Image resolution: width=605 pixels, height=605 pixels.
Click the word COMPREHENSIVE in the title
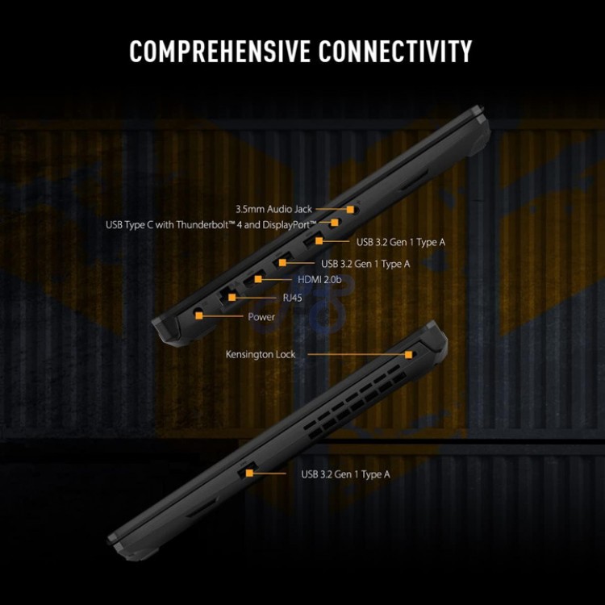click(220, 51)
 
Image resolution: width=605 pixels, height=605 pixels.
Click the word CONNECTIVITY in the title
click(395, 51)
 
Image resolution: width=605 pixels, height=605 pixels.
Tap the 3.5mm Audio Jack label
click(273, 209)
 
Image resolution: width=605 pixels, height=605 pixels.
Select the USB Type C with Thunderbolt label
click(211, 224)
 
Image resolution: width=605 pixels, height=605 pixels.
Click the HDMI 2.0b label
click(319, 279)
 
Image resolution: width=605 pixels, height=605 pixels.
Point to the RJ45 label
click(293, 298)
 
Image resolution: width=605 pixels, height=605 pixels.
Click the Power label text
click(261, 317)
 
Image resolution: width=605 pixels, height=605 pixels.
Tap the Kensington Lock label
click(261, 354)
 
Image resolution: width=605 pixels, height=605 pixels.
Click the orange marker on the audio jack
click(350, 209)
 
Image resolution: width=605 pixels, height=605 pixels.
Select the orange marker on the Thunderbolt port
click(334, 223)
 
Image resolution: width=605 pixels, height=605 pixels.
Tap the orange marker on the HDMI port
click(258, 279)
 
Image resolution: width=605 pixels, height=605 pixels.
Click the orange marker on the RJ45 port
click(232, 297)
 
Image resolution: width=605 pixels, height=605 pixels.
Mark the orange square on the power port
click(199, 315)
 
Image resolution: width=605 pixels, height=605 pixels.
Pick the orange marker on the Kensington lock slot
click(409, 354)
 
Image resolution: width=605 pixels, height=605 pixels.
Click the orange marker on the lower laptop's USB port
click(249, 473)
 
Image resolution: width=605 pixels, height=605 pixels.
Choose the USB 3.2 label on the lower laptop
click(345, 474)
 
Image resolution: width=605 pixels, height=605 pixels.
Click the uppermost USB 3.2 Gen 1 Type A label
click(400, 242)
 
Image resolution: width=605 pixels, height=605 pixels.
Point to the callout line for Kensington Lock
click(357, 354)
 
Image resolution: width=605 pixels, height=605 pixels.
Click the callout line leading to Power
click(223, 316)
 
